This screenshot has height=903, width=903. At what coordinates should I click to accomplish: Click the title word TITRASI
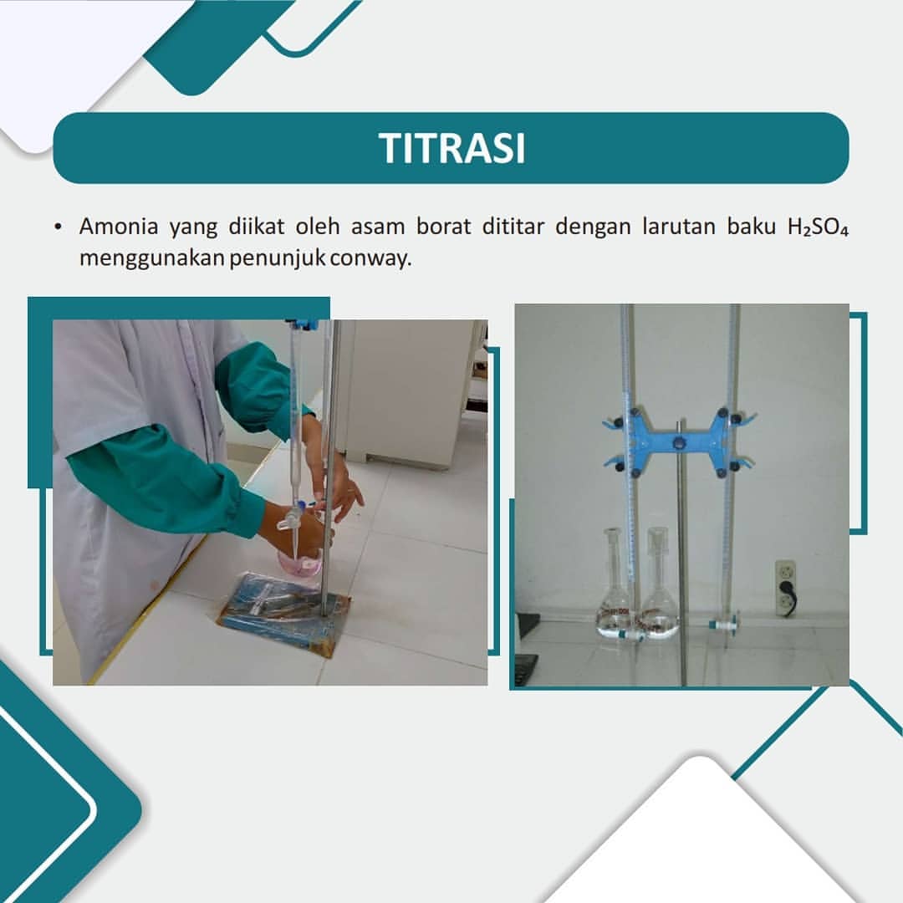pos(452,149)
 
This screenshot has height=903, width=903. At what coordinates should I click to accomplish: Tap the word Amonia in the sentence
pos(119,227)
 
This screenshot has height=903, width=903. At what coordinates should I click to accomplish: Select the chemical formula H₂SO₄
pos(818,227)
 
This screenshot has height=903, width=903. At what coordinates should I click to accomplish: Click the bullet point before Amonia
pos(58,227)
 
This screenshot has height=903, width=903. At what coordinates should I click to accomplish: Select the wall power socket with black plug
pos(785,589)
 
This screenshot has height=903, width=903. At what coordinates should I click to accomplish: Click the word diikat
pos(257,227)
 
